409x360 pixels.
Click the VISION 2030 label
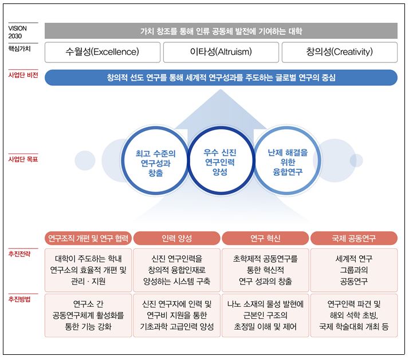point(18,31)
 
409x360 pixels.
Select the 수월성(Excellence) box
point(103,52)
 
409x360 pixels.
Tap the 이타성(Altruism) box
point(221,52)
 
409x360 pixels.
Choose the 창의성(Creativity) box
point(339,52)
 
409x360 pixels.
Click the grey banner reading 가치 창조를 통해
point(221,31)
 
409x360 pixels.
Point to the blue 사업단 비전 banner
point(221,77)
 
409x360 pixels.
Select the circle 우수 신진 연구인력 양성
point(220,161)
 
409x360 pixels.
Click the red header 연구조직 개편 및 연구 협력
point(88,238)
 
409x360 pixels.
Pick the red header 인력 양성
point(177,238)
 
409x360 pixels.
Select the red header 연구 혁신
point(265,238)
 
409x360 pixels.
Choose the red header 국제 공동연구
point(353,238)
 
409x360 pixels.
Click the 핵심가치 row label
point(20,49)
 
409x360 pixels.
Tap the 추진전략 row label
point(20,253)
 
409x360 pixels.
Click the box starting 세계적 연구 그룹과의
point(353,270)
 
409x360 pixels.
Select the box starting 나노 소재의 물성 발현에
point(265,315)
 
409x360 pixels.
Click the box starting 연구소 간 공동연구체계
point(88,315)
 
